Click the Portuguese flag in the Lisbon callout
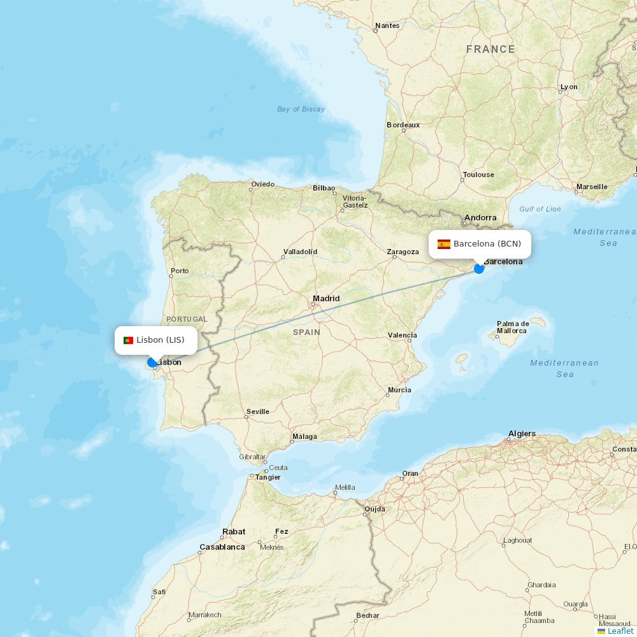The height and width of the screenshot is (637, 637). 128,340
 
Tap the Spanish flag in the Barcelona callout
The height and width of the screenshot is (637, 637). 444,244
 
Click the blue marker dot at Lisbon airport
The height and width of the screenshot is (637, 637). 152,362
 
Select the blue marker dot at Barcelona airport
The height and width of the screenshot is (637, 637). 479,269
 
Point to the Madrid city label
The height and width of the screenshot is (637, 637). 326,299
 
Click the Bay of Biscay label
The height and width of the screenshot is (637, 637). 301,109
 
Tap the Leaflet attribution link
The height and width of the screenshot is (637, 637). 620,631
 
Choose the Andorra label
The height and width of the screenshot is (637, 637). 480,218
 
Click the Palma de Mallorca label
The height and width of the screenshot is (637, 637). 513,327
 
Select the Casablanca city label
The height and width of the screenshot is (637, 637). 222,547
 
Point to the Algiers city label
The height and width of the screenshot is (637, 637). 522,434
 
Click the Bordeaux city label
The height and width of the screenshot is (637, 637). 403,125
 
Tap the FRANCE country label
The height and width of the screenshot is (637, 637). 490,49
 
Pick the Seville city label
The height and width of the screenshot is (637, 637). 257,412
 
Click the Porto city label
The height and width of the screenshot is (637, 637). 180,271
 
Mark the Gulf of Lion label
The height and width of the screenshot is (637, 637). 540,209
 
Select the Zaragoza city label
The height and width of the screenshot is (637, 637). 403,252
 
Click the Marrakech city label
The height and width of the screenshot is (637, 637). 204,615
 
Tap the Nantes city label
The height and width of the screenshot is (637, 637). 387,25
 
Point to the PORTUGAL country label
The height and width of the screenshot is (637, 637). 187,319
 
